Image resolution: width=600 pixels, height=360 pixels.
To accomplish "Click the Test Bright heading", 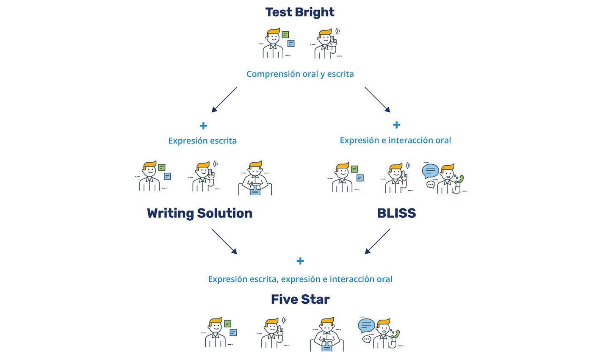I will coord(300,12).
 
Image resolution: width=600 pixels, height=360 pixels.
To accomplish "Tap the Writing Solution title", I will coord(199,213).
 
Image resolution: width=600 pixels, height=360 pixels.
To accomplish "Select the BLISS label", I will coord(396,213).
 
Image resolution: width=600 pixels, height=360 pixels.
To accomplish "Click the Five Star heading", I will coord(300,299).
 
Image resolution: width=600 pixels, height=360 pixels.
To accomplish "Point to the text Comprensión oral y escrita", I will coord(300,74).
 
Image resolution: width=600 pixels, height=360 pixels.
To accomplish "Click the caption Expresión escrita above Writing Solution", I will coord(202,141).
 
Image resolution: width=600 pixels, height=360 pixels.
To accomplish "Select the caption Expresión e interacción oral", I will coord(395,140).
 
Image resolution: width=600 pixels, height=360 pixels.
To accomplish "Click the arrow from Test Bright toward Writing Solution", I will coord(224,100).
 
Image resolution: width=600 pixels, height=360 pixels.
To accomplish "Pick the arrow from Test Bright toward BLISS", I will coord(377,100).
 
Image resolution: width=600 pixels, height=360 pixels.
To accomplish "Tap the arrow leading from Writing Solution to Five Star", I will coord(224,241).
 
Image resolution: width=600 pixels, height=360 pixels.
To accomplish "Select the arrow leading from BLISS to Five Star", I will coord(377,241).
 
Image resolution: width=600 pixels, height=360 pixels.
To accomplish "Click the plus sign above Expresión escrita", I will coord(203,126).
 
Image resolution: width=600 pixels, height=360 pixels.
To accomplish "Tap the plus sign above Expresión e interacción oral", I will coord(396,125).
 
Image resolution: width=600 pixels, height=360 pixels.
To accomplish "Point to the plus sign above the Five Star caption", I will coord(300,261).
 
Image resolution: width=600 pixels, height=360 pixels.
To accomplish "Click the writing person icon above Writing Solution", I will coord(255,178).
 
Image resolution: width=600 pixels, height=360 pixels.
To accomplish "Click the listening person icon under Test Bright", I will coord(327,43).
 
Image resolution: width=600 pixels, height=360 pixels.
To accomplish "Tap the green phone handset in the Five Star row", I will coord(395,333).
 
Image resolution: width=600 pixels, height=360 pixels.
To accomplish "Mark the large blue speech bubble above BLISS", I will coord(430,171).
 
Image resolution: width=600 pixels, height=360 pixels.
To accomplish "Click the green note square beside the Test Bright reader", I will coord(285,35).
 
